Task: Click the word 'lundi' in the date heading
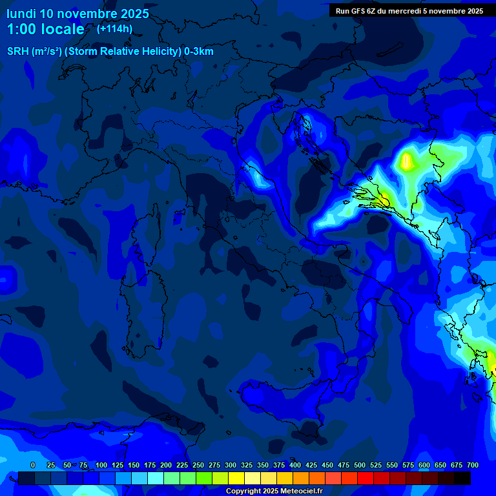[x=21, y=14]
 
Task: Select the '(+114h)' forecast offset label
[x=114, y=28]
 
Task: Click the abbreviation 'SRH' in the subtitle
[x=17, y=52]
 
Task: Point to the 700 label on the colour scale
[x=472, y=465]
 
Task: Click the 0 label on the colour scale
[x=33, y=465]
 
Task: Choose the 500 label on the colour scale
[x=343, y=465]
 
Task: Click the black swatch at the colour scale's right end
[x=462, y=478]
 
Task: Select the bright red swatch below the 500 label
[x=349, y=478]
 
